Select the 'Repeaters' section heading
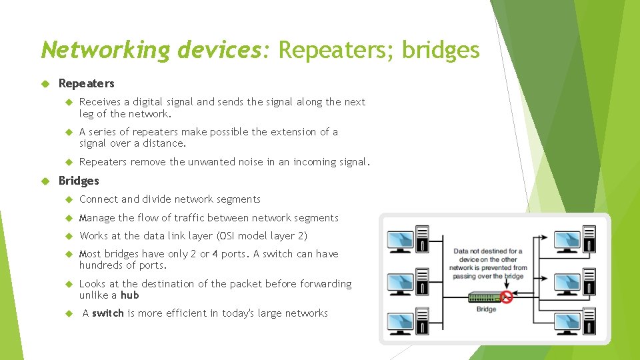(x=86, y=83)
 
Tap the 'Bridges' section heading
(x=79, y=181)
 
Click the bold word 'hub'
(x=129, y=295)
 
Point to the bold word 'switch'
(x=108, y=313)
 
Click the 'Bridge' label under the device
(x=486, y=309)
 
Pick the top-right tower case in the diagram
(x=589, y=239)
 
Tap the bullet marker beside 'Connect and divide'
(x=69, y=199)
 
